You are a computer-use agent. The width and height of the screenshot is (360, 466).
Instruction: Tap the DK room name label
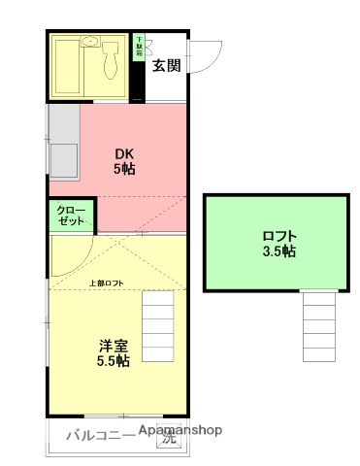(124, 153)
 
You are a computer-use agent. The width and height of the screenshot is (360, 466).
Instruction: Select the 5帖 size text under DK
(124, 169)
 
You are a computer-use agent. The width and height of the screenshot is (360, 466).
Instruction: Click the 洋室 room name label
(113, 345)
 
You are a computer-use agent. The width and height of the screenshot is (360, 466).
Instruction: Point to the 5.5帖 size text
(113, 361)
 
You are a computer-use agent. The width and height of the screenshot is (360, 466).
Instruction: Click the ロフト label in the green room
(279, 236)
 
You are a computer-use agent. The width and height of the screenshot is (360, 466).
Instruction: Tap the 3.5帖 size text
(279, 252)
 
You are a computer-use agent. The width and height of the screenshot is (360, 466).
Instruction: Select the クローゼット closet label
(70, 216)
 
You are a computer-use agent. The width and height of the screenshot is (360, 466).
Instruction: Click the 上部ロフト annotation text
(106, 283)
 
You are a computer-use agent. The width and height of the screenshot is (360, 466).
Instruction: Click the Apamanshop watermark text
(180, 430)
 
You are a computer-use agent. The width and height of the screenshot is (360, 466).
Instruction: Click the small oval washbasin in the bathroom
(89, 42)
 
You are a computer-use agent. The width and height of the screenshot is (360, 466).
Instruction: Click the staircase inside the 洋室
(161, 324)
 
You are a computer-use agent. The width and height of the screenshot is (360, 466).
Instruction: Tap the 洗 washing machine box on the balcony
(169, 439)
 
